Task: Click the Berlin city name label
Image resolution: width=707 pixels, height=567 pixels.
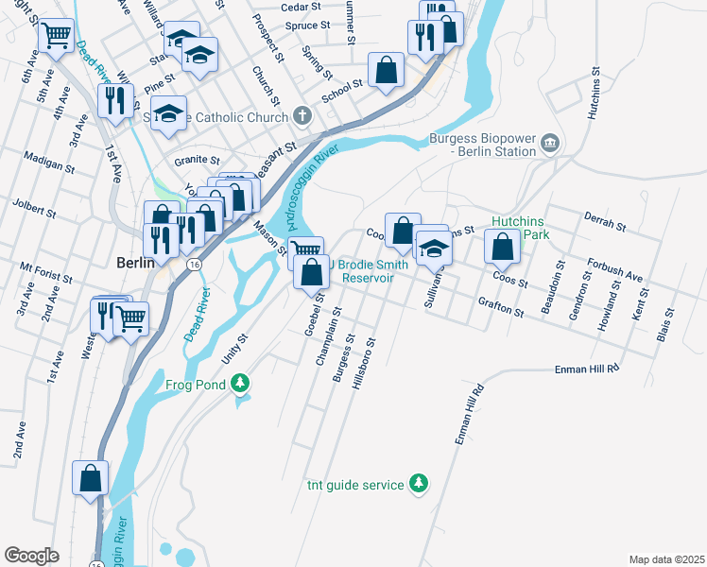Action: point(134,263)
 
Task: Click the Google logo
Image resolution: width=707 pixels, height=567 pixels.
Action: point(32,556)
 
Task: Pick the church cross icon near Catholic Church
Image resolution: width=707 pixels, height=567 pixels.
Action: point(302,117)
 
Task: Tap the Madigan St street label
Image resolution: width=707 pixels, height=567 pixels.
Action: point(49,162)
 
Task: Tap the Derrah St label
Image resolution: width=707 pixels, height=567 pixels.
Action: point(606,221)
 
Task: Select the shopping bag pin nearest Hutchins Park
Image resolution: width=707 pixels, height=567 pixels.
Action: point(502,247)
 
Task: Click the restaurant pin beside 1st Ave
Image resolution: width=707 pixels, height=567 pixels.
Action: point(116,101)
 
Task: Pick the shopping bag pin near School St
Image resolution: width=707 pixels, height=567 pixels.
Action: point(387,70)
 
